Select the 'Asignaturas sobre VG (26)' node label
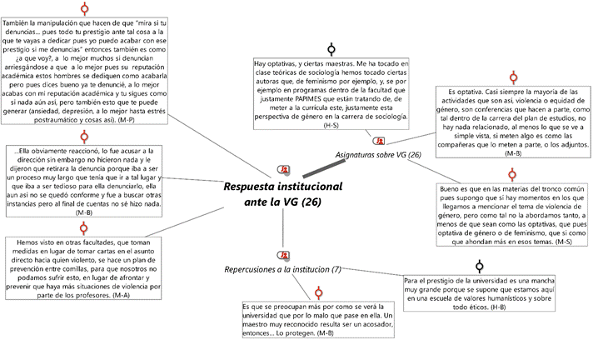tap(378, 155)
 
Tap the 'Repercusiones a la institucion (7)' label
tap(283, 270)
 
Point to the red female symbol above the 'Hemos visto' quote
tap(83, 227)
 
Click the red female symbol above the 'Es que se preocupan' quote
tap(318, 293)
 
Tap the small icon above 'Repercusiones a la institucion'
tap(284, 254)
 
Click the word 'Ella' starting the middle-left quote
tap(27, 151)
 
